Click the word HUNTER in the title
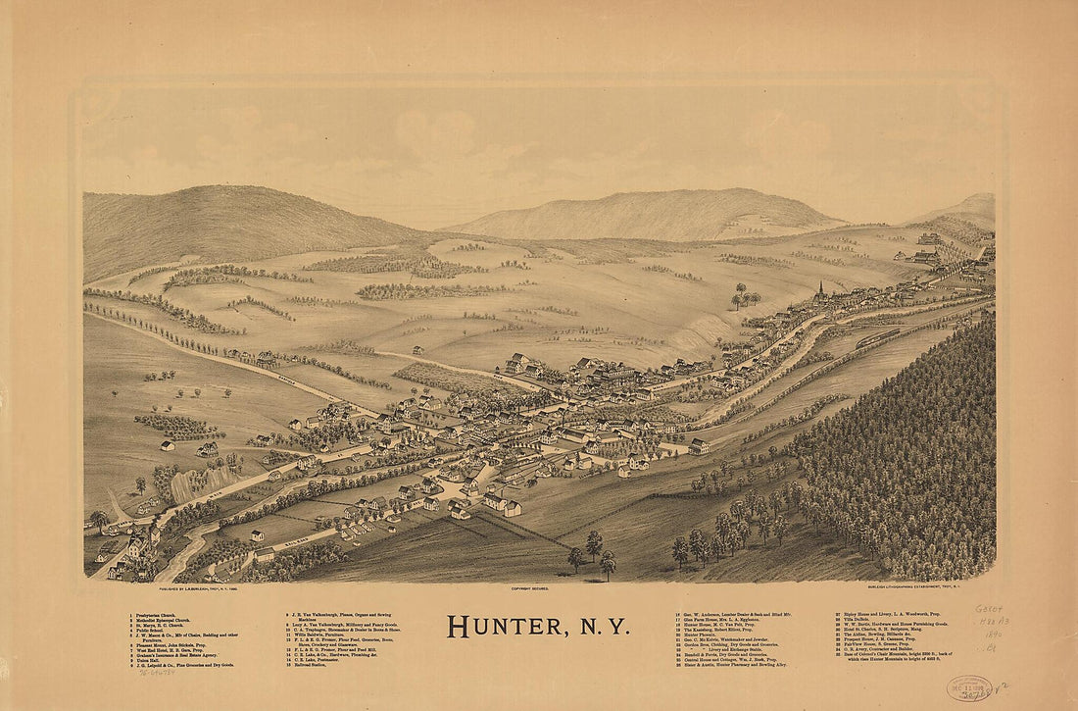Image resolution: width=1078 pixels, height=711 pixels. pos(500,626)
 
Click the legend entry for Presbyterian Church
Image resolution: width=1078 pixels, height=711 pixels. pos(156,617)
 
